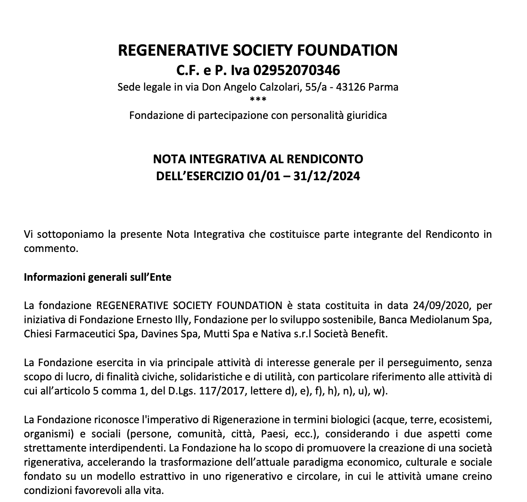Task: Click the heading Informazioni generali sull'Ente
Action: tap(98, 277)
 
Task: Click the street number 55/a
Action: tap(311, 87)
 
